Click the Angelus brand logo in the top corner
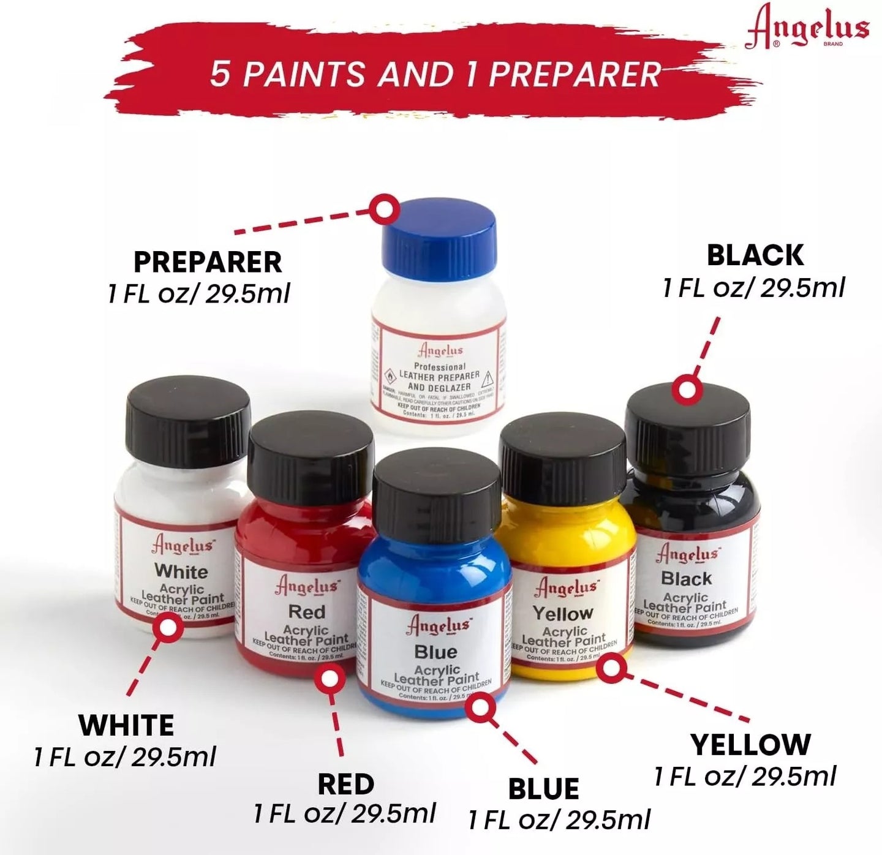(x=807, y=28)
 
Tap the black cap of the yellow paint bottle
(x=563, y=457)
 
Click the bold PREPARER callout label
(x=208, y=262)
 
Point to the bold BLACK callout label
(x=755, y=255)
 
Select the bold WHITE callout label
(x=126, y=726)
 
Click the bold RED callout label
(x=345, y=785)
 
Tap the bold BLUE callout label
(x=543, y=789)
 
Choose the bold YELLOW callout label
(x=750, y=745)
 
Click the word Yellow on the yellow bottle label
(x=563, y=612)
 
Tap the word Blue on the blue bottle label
(x=435, y=651)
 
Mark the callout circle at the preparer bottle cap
(x=385, y=209)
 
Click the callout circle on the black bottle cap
(x=687, y=390)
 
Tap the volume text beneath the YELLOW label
(x=745, y=777)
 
